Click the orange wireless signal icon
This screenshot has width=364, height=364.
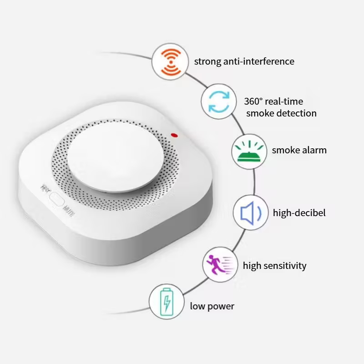click(x=169, y=62)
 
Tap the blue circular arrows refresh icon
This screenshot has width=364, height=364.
click(x=220, y=101)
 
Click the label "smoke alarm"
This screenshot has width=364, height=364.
click(x=299, y=150)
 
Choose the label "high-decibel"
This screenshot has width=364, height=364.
click(x=299, y=212)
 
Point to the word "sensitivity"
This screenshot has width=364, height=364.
click(x=283, y=265)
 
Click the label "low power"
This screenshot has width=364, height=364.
click(x=212, y=306)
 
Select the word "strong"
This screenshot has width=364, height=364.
click(x=208, y=61)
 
